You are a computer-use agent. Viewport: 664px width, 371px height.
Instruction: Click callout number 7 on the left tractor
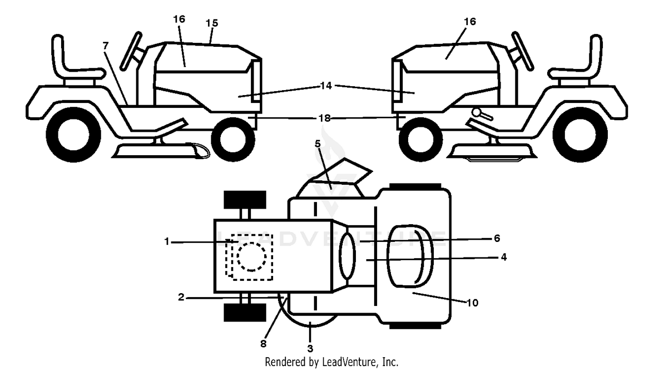[105, 46]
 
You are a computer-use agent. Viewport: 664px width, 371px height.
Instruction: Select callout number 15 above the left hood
[212, 23]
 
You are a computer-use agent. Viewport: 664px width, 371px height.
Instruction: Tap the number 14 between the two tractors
[326, 86]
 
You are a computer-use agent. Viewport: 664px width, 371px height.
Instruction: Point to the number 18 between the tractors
[324, 118]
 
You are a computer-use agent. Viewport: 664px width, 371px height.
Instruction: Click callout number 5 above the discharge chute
[317, 144]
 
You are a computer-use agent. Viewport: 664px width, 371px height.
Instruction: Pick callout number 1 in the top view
[166, 241]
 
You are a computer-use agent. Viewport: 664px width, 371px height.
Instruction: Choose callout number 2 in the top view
[181, 297]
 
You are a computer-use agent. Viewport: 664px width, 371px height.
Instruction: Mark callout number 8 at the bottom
[263, 344]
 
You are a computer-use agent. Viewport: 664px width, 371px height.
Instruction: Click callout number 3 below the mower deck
[310, 348]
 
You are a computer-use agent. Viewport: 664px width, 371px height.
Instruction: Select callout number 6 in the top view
[497, 238]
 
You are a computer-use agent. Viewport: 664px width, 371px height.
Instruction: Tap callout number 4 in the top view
[504, 257]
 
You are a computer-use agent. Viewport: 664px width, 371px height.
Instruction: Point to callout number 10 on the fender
[472, 302]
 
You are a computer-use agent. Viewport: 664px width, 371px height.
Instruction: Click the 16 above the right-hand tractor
[470, 22]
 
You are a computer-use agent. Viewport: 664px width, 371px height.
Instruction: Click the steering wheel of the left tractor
[131, 51]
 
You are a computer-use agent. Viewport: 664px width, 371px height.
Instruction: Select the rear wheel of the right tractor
[580, 135]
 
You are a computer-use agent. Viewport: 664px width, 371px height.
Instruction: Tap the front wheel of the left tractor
[233, 139]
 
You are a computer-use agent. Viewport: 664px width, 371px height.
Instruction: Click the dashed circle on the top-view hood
[251, 256]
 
